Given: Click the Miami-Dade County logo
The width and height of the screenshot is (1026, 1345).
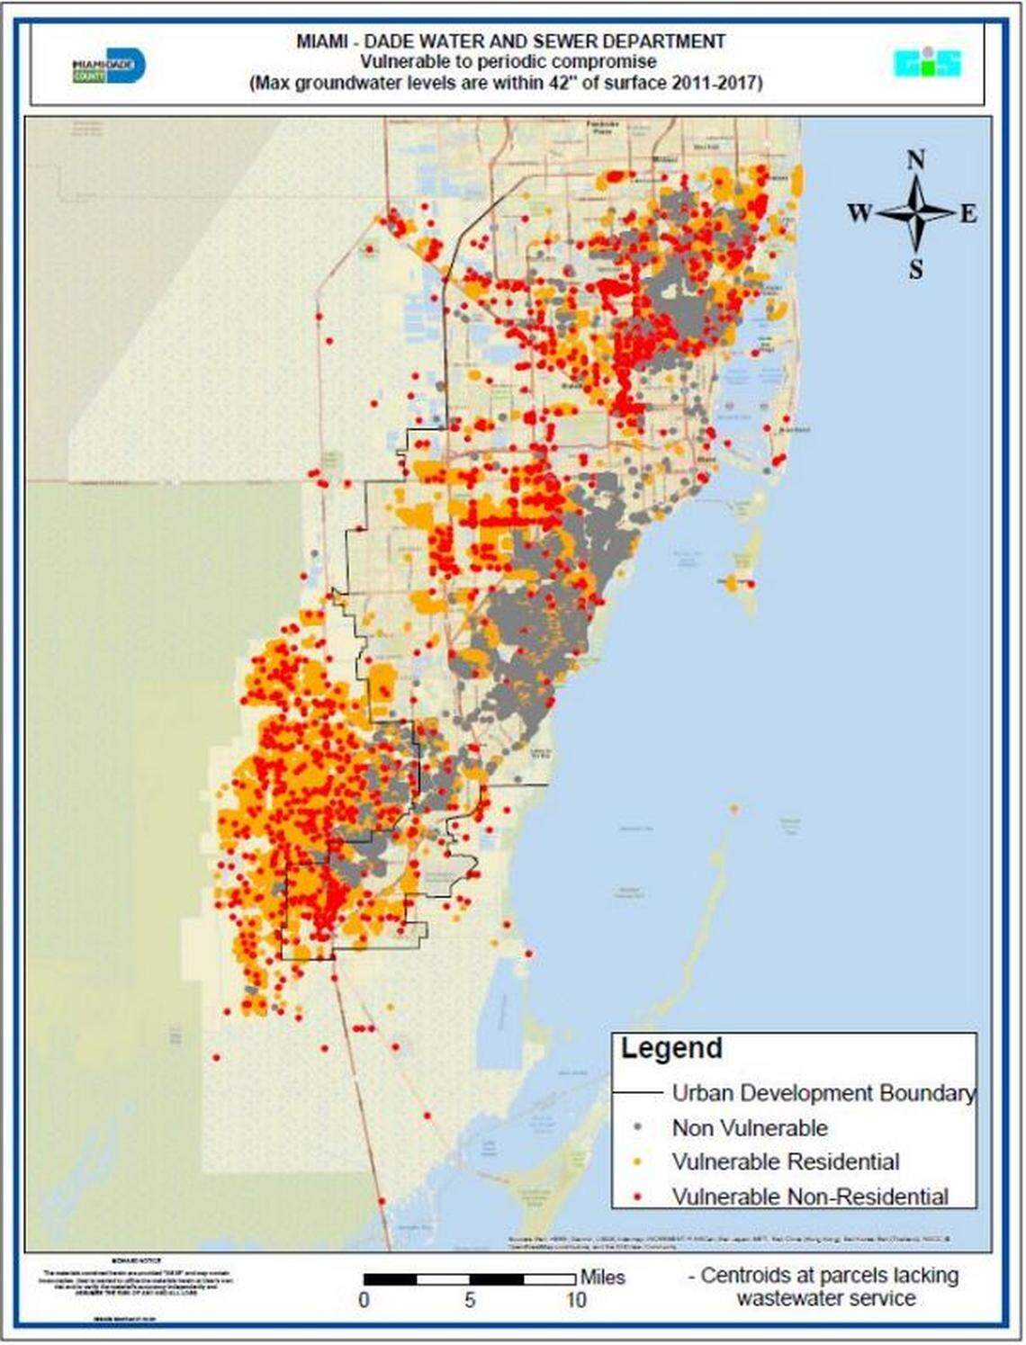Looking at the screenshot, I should pyautogui.click(x=108, y=66).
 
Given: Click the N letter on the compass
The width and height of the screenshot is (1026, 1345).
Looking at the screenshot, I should pyautogui.click(x=915, y=161).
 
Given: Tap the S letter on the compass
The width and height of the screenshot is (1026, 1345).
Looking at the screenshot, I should pyautogui.click(x=915, y=269).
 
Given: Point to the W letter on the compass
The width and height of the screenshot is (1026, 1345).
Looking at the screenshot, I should pyautogui.click(x=859, y=214).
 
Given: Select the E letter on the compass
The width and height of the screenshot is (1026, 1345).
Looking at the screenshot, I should pyautogui.click(x=967, y=214).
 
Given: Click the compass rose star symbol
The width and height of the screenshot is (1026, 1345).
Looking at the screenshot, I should pyautogui.click(x=915, y=214).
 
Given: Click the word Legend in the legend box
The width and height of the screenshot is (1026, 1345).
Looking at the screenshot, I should pyautogui.click(x=671, y=1048).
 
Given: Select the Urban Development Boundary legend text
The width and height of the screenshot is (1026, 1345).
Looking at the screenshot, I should pyautogui.click(x=823, y=1093).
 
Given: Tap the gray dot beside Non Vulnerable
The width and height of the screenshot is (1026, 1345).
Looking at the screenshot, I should pyautogui.click(x=637, y=1127).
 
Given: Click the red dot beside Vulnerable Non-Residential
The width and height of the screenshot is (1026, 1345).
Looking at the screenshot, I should pyautogui.click(x=637, y=1197).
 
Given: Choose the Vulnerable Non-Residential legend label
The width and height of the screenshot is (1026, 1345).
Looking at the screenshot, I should pyautogui.click(x=810, y=1197).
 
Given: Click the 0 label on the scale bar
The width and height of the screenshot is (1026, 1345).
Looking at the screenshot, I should pyautogui.click(x=364, y=1300).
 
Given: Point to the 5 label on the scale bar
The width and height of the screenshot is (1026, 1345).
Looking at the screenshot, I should pyautogui.click(x=470, y=1300).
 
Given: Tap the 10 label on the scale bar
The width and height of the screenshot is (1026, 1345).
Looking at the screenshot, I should pyautogui.click(x=576, y=1300).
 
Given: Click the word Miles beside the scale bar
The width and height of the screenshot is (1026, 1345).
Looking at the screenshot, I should pyautogui.click(x=602, y=1278).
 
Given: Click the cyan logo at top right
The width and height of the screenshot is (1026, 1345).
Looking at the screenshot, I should pyautogui.click(x=927, y=63).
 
